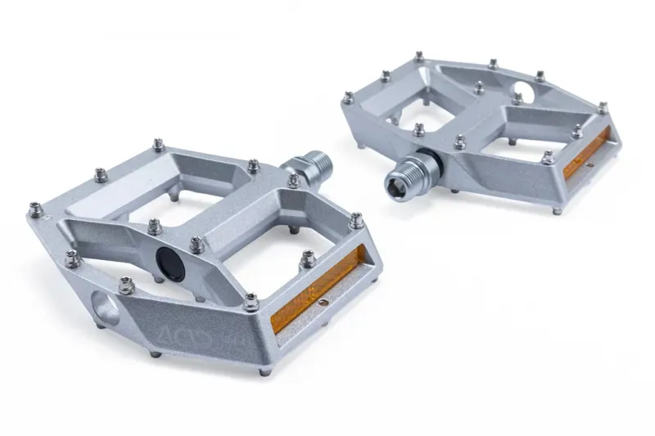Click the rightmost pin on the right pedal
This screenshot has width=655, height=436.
point(603,107)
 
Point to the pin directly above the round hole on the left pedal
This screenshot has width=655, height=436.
point(125,283)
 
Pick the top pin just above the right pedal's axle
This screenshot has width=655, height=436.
point(418,128)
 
